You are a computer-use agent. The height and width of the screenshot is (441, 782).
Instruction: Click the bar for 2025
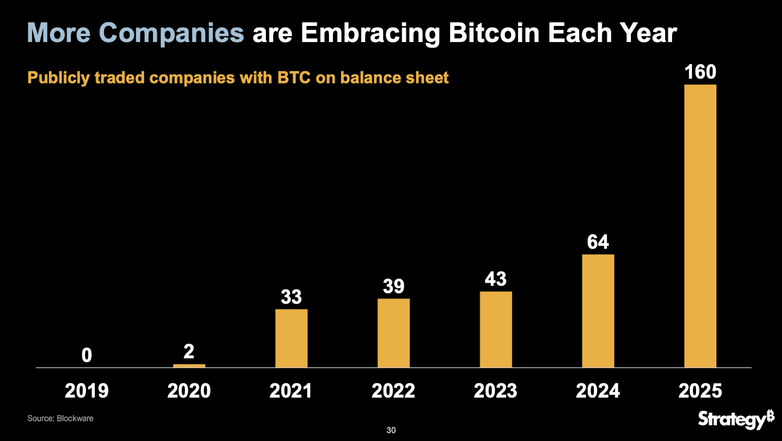coord(700,226)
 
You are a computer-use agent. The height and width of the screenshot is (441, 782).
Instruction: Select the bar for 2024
coord(598,311)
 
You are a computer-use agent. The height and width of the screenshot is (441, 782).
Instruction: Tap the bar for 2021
coord(291,338)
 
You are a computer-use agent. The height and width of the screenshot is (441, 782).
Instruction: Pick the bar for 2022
coord(393,333)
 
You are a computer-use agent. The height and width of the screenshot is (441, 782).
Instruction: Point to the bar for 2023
coord(496,330)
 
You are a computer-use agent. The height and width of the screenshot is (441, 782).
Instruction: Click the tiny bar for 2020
coord(189,366)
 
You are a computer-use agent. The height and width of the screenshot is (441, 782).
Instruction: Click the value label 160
coord(700,72)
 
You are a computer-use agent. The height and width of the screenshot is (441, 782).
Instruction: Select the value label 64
coord(598,242)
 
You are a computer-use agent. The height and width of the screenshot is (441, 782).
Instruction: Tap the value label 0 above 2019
coord(87,355)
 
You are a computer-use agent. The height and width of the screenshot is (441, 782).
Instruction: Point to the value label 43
coord(496,279)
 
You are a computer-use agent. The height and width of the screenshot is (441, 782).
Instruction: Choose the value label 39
coord(393,287)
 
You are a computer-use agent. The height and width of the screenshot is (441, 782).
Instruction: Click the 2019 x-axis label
coord(87,391)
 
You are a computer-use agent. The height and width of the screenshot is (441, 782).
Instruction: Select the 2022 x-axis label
coord(393,391)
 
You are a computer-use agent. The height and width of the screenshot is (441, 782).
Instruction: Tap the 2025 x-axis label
coord(700,391)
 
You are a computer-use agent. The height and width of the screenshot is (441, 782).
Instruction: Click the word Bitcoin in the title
coord(494,33)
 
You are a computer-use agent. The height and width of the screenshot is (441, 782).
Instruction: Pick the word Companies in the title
coord(171,33)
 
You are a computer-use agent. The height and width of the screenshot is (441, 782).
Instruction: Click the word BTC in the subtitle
coord(294,78)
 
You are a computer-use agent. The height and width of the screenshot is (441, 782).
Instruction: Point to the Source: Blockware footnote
coord(60,419)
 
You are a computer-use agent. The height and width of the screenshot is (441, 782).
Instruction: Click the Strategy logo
coord(736,419)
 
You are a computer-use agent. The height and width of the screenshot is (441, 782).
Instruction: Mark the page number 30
coord(391,430)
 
